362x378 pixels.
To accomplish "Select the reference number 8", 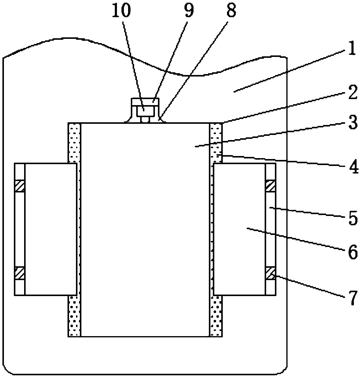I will click(x=231, y=11).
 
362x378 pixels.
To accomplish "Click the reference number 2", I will click(x=351, y=92).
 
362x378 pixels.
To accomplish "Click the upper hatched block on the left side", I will click(x=20, y=186).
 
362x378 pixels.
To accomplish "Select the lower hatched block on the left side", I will click(x=20, y=273).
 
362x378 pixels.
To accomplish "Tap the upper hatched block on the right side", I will click(x=270, y=186).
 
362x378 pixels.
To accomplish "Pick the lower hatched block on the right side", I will click(x=270, y=273).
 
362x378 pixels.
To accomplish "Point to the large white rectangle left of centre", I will click(x=50, y=229).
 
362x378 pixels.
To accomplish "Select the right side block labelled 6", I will click(x=239, y=229).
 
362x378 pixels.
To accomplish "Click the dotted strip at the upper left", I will click(x=74, y=143).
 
